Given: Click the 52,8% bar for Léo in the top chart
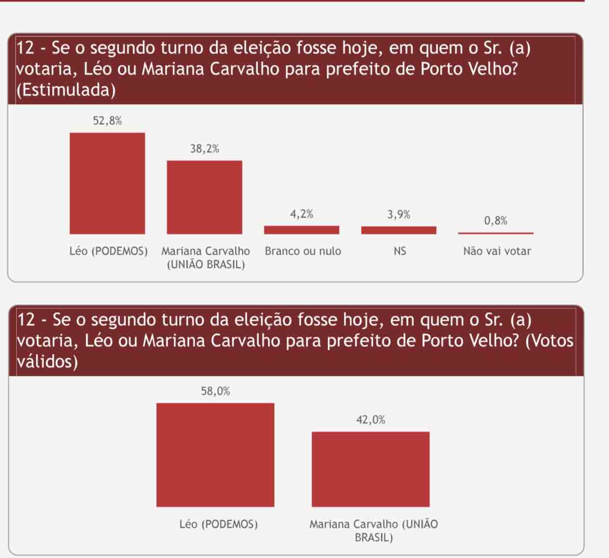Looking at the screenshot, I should pos(107,183).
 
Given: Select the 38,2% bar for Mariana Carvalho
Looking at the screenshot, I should pos(204,197).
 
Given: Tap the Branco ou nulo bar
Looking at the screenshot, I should pos(301,230).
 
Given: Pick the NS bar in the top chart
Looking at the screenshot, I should pos(398,230).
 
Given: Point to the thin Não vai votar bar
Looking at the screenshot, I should pos(496,233).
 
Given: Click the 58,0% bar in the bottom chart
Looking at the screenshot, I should pos(215,454).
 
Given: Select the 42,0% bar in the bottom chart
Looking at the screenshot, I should pos(371,469).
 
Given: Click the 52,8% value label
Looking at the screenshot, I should pos(107,121).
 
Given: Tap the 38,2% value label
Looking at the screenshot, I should pos(205,149).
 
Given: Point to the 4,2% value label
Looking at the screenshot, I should pos(302,214).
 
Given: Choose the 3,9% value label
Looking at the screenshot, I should pos(399,214).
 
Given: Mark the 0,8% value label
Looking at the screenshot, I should pos(496,221).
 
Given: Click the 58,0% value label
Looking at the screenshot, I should pos(215,391).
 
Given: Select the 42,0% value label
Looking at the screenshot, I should pos(371,420).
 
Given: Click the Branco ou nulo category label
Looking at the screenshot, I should pos(303,251).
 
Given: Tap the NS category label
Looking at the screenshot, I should pos(399,251).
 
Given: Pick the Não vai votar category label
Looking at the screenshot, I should pos(497,251).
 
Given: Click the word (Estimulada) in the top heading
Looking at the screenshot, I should pos(66,90).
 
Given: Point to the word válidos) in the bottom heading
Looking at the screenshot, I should pos(47,362).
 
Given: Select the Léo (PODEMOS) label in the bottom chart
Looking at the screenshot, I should pos(218,524).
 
